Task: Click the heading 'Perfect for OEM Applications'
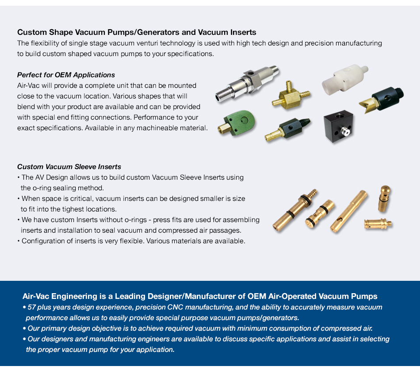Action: pos(66,75)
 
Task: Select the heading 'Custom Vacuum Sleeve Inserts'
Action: pos(69,166)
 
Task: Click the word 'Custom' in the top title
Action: pos(31,32)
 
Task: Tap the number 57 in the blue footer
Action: pos(32,307)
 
